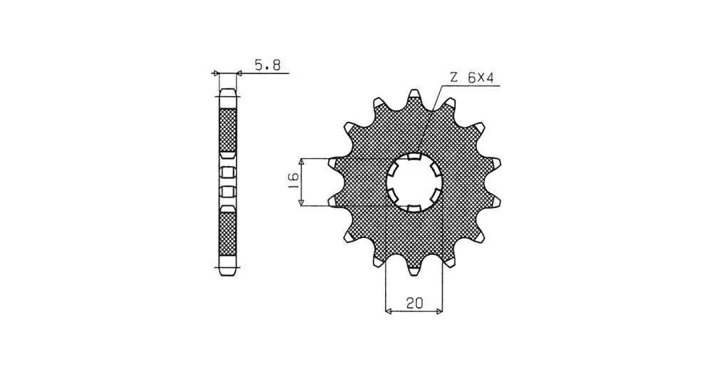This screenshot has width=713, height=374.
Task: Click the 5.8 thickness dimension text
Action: coord(267,65)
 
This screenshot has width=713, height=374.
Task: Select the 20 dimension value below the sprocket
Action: coord(414,303)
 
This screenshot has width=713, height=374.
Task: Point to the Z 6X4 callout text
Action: coord(471,78)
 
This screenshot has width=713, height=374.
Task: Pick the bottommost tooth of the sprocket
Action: coord(414,271)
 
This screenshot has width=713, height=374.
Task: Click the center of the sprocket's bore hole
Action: coord(414,182)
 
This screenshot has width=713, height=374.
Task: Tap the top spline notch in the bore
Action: coord(414,157)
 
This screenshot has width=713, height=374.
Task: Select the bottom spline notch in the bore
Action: coord(414,208)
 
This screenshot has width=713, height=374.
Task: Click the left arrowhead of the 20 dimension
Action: coord(389,311)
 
